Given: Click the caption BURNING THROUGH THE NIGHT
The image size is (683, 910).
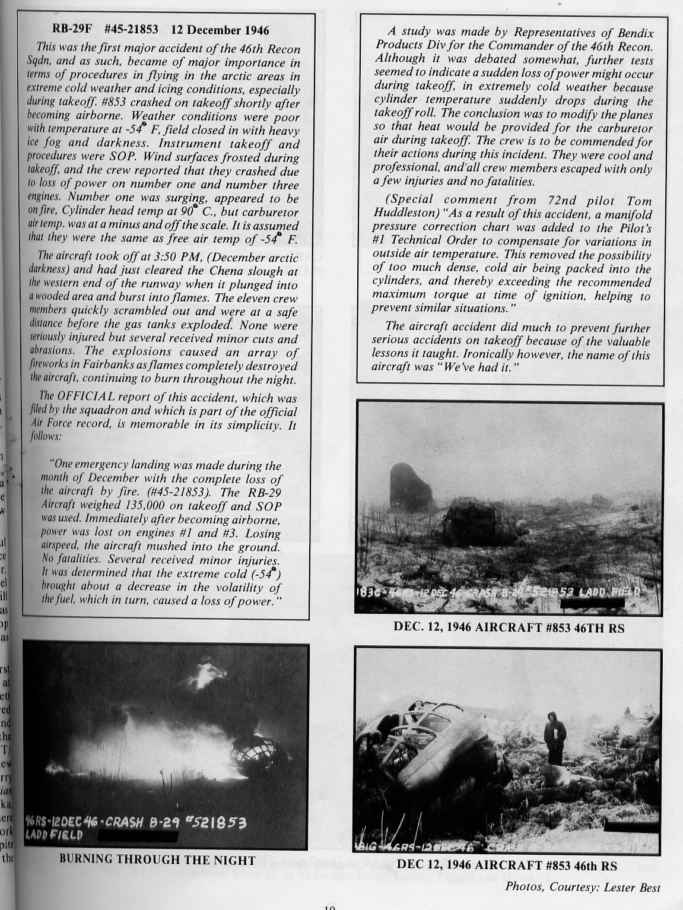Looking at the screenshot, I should pyautogui.click(x=158, y=860).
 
